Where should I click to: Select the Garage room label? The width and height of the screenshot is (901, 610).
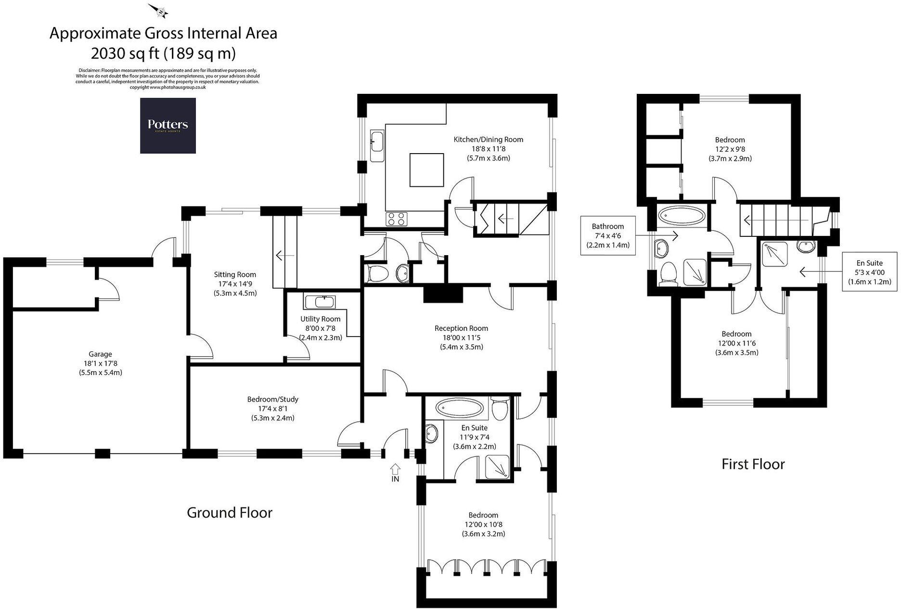[100, 354]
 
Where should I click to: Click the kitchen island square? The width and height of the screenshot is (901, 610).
[426, 169]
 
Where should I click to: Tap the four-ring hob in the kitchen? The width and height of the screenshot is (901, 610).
[397, 219]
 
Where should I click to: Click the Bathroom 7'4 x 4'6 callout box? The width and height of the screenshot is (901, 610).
[607, 235]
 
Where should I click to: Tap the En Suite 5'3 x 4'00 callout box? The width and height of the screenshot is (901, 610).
[869, 272]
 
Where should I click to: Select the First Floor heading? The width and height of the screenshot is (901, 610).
[753, 464]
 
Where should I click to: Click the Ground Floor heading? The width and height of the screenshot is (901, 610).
[229, 513]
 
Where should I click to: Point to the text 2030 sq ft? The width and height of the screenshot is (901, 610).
[125, 52]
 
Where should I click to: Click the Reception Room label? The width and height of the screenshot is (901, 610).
[461, 328]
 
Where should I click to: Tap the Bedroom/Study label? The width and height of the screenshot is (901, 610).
[272, 399]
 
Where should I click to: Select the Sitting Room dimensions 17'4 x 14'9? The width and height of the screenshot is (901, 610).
[235, 284]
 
